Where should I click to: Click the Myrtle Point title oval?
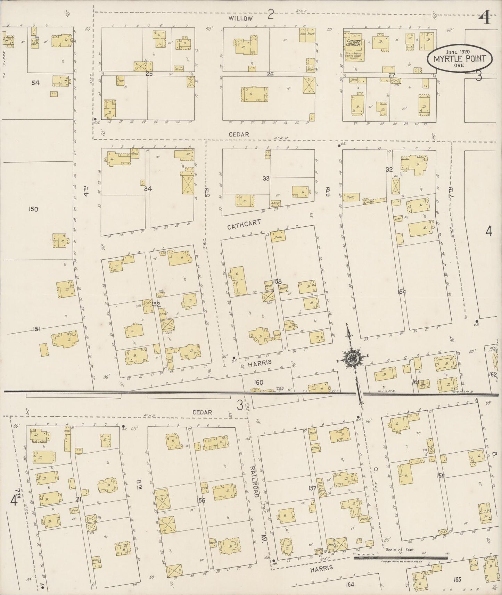[x=459, y=58]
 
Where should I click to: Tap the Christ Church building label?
[x=353, y=43]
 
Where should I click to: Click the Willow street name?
[x=240, y=18]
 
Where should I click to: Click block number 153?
[x=277, y=282]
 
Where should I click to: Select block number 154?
[x=402, y=292]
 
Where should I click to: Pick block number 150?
[x=34, y=209]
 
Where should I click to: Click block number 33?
[x=266, y=178]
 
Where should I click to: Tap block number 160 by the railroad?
[x=258, y=382]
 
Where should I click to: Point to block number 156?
[x=201, y=500]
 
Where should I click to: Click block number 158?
[x=441, y=476]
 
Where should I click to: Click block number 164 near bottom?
[x=350, y=585]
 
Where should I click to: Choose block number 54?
[x=35, y=83]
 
